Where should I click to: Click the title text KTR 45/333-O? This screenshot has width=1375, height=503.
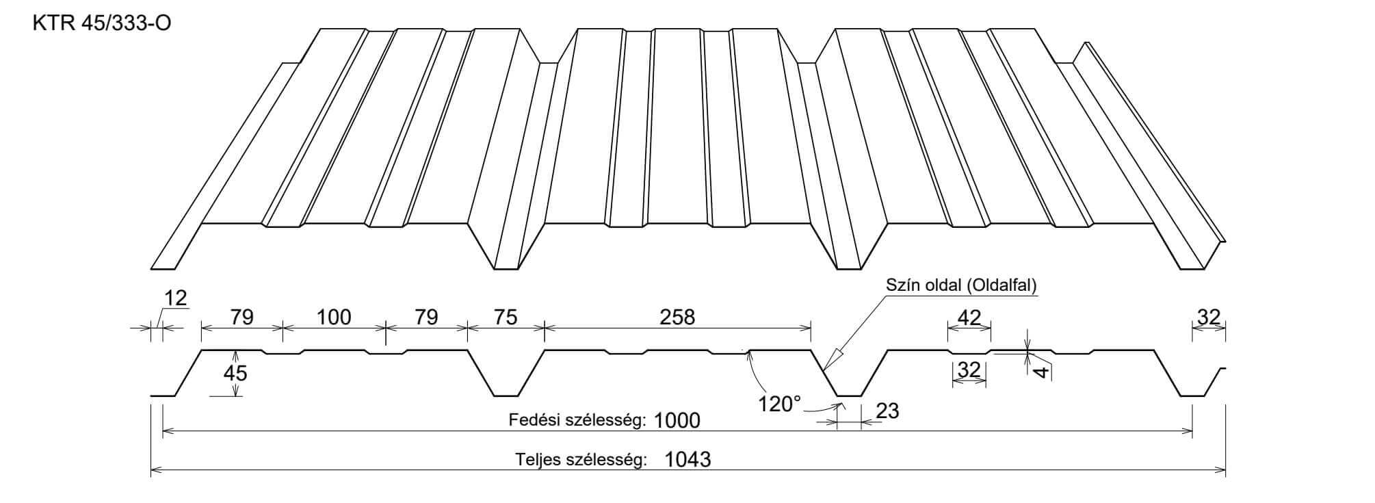pos(102,24)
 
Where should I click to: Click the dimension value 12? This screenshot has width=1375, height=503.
pos(176,298)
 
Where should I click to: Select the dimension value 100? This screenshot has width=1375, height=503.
pos(334,317)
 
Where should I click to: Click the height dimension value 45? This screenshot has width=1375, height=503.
pos(235,373)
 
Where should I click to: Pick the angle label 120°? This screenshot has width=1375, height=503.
pos(779,404)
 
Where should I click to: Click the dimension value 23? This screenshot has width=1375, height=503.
pos(887,411)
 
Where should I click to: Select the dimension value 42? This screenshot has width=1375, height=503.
pos(969,317)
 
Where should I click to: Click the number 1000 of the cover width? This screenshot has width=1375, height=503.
pos(677,420)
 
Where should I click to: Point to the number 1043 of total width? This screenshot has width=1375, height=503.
pos(687,459)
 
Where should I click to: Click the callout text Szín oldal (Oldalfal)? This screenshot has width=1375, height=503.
pos(961,285)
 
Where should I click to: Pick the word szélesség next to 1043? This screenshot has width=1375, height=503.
pos(605,459)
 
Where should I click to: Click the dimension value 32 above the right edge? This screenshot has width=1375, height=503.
pos(1209,317)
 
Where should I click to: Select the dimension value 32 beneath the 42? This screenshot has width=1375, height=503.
pos(969,370)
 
